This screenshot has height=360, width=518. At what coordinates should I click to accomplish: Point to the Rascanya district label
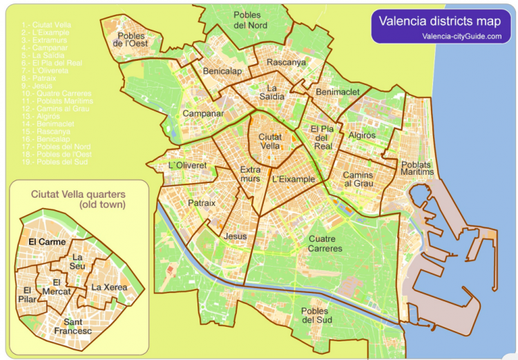(x=285, y=62)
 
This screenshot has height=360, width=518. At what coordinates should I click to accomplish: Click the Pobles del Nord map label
(x=250, y=19)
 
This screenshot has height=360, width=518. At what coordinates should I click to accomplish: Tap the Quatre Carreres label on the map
(x=325, y=243)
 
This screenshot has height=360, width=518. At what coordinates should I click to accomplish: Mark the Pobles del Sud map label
(x=316, y=315)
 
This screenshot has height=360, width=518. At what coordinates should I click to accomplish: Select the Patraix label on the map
(x=202, y=203)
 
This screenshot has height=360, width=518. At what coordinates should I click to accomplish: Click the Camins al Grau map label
(x=358, y=179)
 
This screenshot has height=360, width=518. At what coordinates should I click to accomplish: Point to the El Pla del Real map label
(x=323, y=137)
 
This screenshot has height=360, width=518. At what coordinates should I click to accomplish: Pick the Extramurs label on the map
(x=250, y=174)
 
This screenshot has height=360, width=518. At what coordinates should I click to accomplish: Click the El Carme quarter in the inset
(x=47, y=242)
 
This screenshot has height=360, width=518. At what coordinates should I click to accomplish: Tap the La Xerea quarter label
(x=108, y=287)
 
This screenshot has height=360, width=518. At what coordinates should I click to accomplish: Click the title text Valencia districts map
(x=439, y=21)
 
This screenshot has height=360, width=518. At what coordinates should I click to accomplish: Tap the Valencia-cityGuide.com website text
(x=461, y=36)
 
